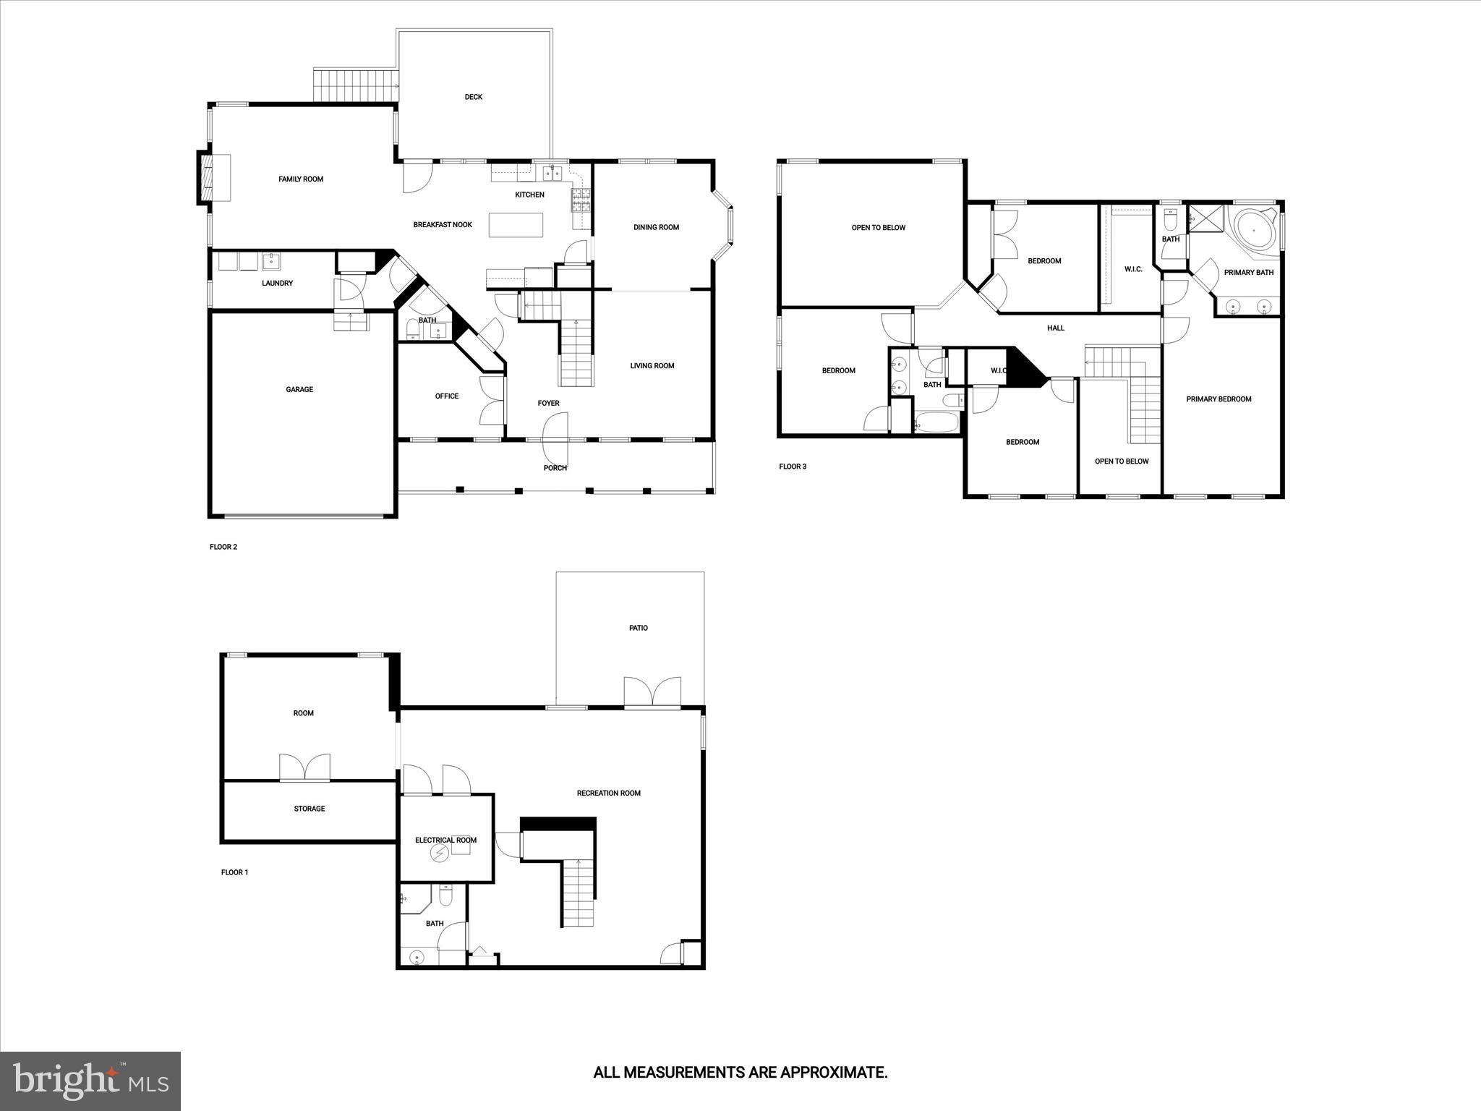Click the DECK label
pyautogui.click(x=474, y=97)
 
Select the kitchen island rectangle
pyautogui.click(x=516, y=225)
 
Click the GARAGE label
pyautogui.click(x=299, y=389)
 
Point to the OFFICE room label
pyautogui.click(x=447, y=396)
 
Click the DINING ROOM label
pyautogui.click(x=656, y=227)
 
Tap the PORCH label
pyautogui.click(x=555, y=468)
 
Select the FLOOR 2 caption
pyautogui.click(x=223, y=547)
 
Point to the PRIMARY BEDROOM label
pyautogui.click(x=1218, y=399)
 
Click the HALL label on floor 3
pyautogui.click(x=1056, y=328)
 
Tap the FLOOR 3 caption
pyautogui.click(x=793, y=467)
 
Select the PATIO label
pyautogui.click(x=639, y=628)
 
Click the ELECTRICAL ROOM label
pyautogui.click(x=445, y=840)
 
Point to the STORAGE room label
pyautogui.click(x=310, y=809)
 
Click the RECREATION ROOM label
pyautogui.click(x=609, y=793)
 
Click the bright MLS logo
pyautogui.click(x=90, y=1081)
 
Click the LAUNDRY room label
pyautogui.click(x=277, y=283)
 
